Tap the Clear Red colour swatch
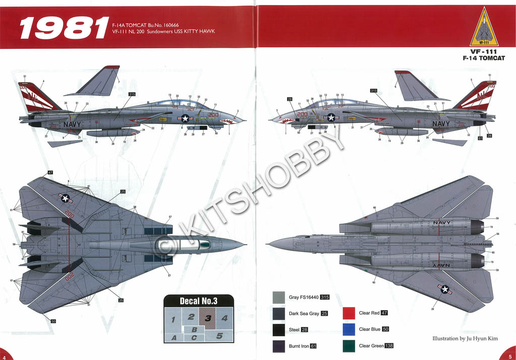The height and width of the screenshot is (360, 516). [349, 313]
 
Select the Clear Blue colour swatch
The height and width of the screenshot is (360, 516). [349, 330]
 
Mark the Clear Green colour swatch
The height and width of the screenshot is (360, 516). [349, 346]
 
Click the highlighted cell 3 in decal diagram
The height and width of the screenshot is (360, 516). [208, 318]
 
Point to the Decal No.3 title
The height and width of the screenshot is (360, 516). [199, 301]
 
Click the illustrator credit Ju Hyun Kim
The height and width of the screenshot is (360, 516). [465, 339]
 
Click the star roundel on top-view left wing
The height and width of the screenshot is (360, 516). [66, 198]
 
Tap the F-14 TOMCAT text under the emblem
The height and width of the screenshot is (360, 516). [483, 58]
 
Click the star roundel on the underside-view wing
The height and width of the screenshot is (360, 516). [444, 289]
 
